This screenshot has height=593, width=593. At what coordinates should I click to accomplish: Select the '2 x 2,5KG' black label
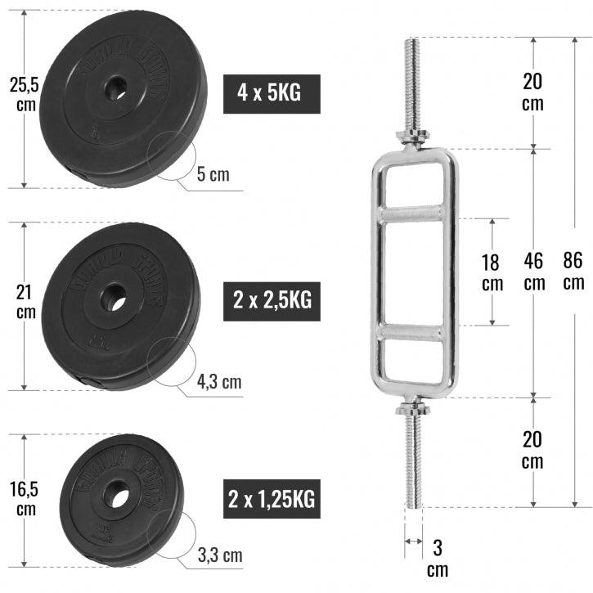coord(272,300)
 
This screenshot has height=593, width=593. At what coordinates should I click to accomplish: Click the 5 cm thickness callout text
coord(213,174)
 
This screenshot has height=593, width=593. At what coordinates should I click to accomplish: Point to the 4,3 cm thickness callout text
coord(219,381)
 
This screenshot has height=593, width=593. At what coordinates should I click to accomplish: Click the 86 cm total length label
coord(573,272)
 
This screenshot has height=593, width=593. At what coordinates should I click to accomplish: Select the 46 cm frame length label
coord(533,272)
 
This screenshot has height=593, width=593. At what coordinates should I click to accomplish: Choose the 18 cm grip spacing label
coord(492,272)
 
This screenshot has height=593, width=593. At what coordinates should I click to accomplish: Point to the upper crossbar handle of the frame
coord(412,214)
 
